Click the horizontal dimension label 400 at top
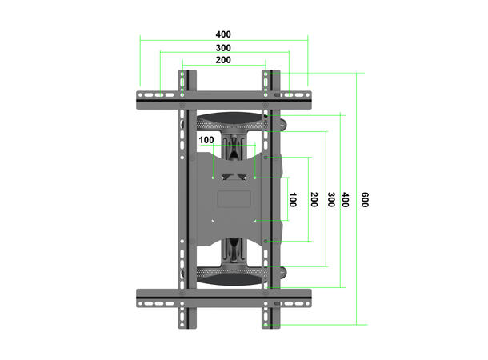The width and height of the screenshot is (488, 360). tap(223, 34)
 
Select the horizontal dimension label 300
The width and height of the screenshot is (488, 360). tap(223, 48)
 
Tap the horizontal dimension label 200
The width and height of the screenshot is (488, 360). tap(223, 60)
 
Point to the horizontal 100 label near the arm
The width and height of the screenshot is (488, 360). tap(206, 140)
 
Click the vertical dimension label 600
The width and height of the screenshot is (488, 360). tap(365, 199)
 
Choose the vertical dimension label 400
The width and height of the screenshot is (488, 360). tap(344, 199)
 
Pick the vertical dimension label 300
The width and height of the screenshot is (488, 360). tap(329, 199)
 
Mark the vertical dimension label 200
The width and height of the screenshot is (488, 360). tap(313, 199)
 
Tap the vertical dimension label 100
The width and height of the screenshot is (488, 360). tap(293, 199)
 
